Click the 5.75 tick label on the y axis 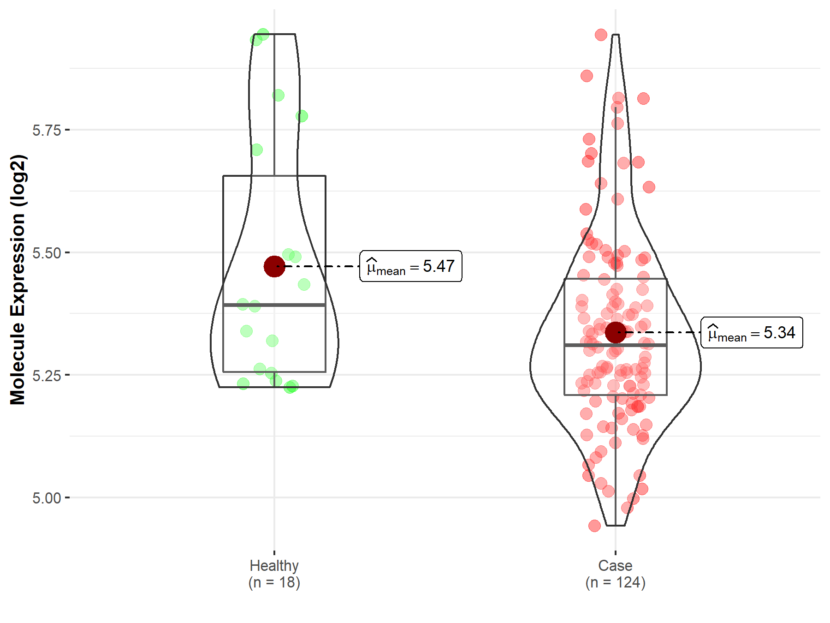click(x=47, y=130)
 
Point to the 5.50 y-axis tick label click(x=47, y=253)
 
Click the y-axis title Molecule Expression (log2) click(x=18, y=280)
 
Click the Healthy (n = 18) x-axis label click(x=274, y=574)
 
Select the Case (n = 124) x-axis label click(x=615, y=574)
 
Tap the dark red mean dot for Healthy click(x=274, y=266)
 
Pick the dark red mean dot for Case click(x=616, y=332)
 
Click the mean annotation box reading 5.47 click(x=411, y=266)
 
